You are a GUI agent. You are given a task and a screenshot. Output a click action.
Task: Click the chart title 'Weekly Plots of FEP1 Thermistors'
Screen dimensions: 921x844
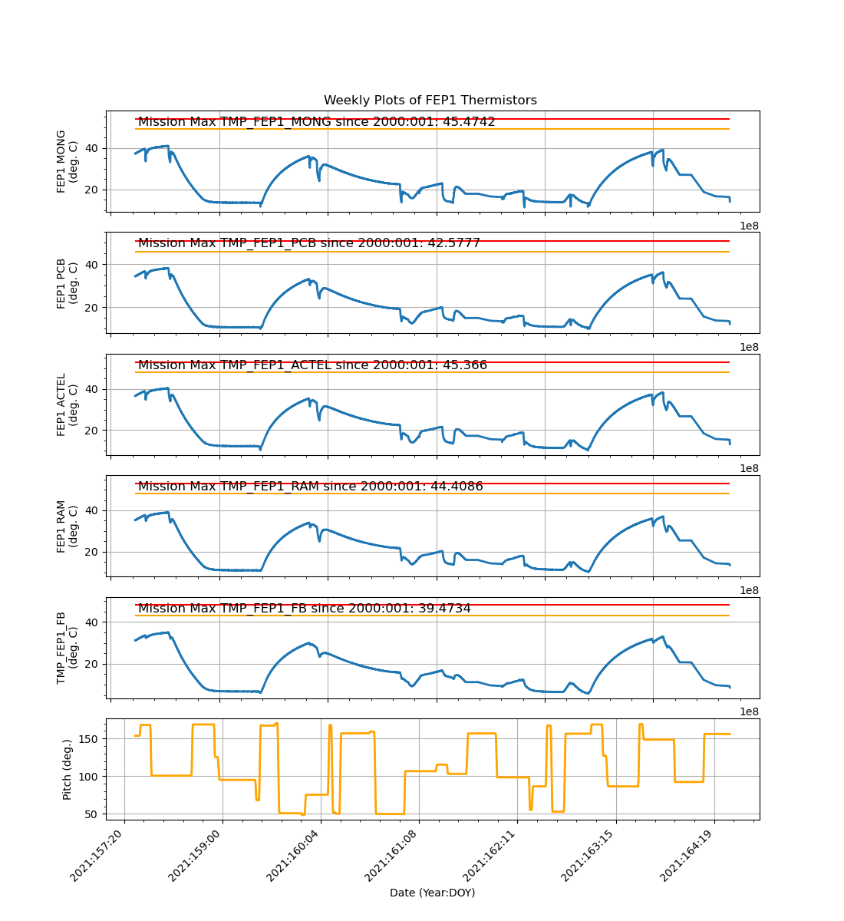pyautogui.click(x=430, y=101)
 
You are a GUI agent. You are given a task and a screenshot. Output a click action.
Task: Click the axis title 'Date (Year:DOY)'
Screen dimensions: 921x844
pyautogui.click(x=432, y=893)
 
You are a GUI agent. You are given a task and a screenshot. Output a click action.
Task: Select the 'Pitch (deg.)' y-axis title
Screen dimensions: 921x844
pyautogui.click(x=68, y=769)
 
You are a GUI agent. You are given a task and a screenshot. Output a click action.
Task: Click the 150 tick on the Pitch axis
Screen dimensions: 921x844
pyautogui.click(x=90, y=739)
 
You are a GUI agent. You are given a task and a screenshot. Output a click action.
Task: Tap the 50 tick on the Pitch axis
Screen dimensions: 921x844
pyautogui.click(x=93, y=814)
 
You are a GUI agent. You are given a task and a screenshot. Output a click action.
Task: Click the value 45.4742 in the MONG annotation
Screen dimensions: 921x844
pyautogui.click(x=464, y=122)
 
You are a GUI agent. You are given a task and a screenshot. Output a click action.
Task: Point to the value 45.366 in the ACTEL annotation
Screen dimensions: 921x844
pyautogui.click(x=460, y=365)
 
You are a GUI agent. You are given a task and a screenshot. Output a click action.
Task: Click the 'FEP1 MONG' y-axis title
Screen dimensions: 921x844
pyautogui.click(x=61, y=161)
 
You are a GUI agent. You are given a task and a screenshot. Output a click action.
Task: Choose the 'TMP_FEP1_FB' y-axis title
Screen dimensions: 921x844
pyautogui.click(x=61, y=648)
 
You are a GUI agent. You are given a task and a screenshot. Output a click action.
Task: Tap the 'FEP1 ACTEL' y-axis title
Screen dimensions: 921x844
pyautogui.click(x=61, y=404)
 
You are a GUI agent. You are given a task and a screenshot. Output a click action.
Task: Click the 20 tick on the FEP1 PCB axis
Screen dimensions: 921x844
pyautogui.click(x=93, y=308)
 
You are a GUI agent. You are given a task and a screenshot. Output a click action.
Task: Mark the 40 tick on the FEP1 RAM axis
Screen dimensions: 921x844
pyautogui.click(x=93, y=510)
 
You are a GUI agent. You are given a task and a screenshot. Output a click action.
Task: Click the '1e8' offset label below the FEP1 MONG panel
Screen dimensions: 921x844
pyautogui.click(x=749, y=226)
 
